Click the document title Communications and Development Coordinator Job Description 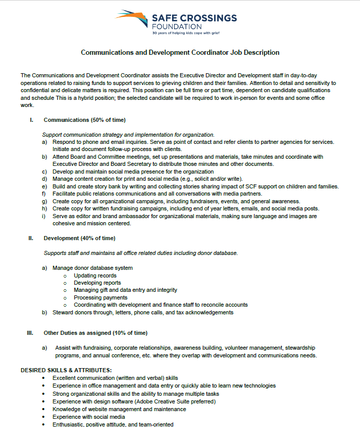click(x=180, y=52)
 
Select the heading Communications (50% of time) click(x=84, y=120)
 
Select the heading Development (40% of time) click(x=79, y=238)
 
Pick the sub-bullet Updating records click(x=95, y=275)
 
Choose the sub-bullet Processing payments click(x=100, y=297)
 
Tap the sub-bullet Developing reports click(x=97, y=283)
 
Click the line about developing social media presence click(x=133, y=172)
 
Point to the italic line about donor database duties click(x=140, y=253)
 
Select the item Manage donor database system click(x=92, y=268)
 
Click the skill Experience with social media click(x=88, y=417)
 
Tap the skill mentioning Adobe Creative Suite click(x=134, y=401)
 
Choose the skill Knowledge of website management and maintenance click(x=119, y=409)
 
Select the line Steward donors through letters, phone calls click(x=143, y=312)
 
